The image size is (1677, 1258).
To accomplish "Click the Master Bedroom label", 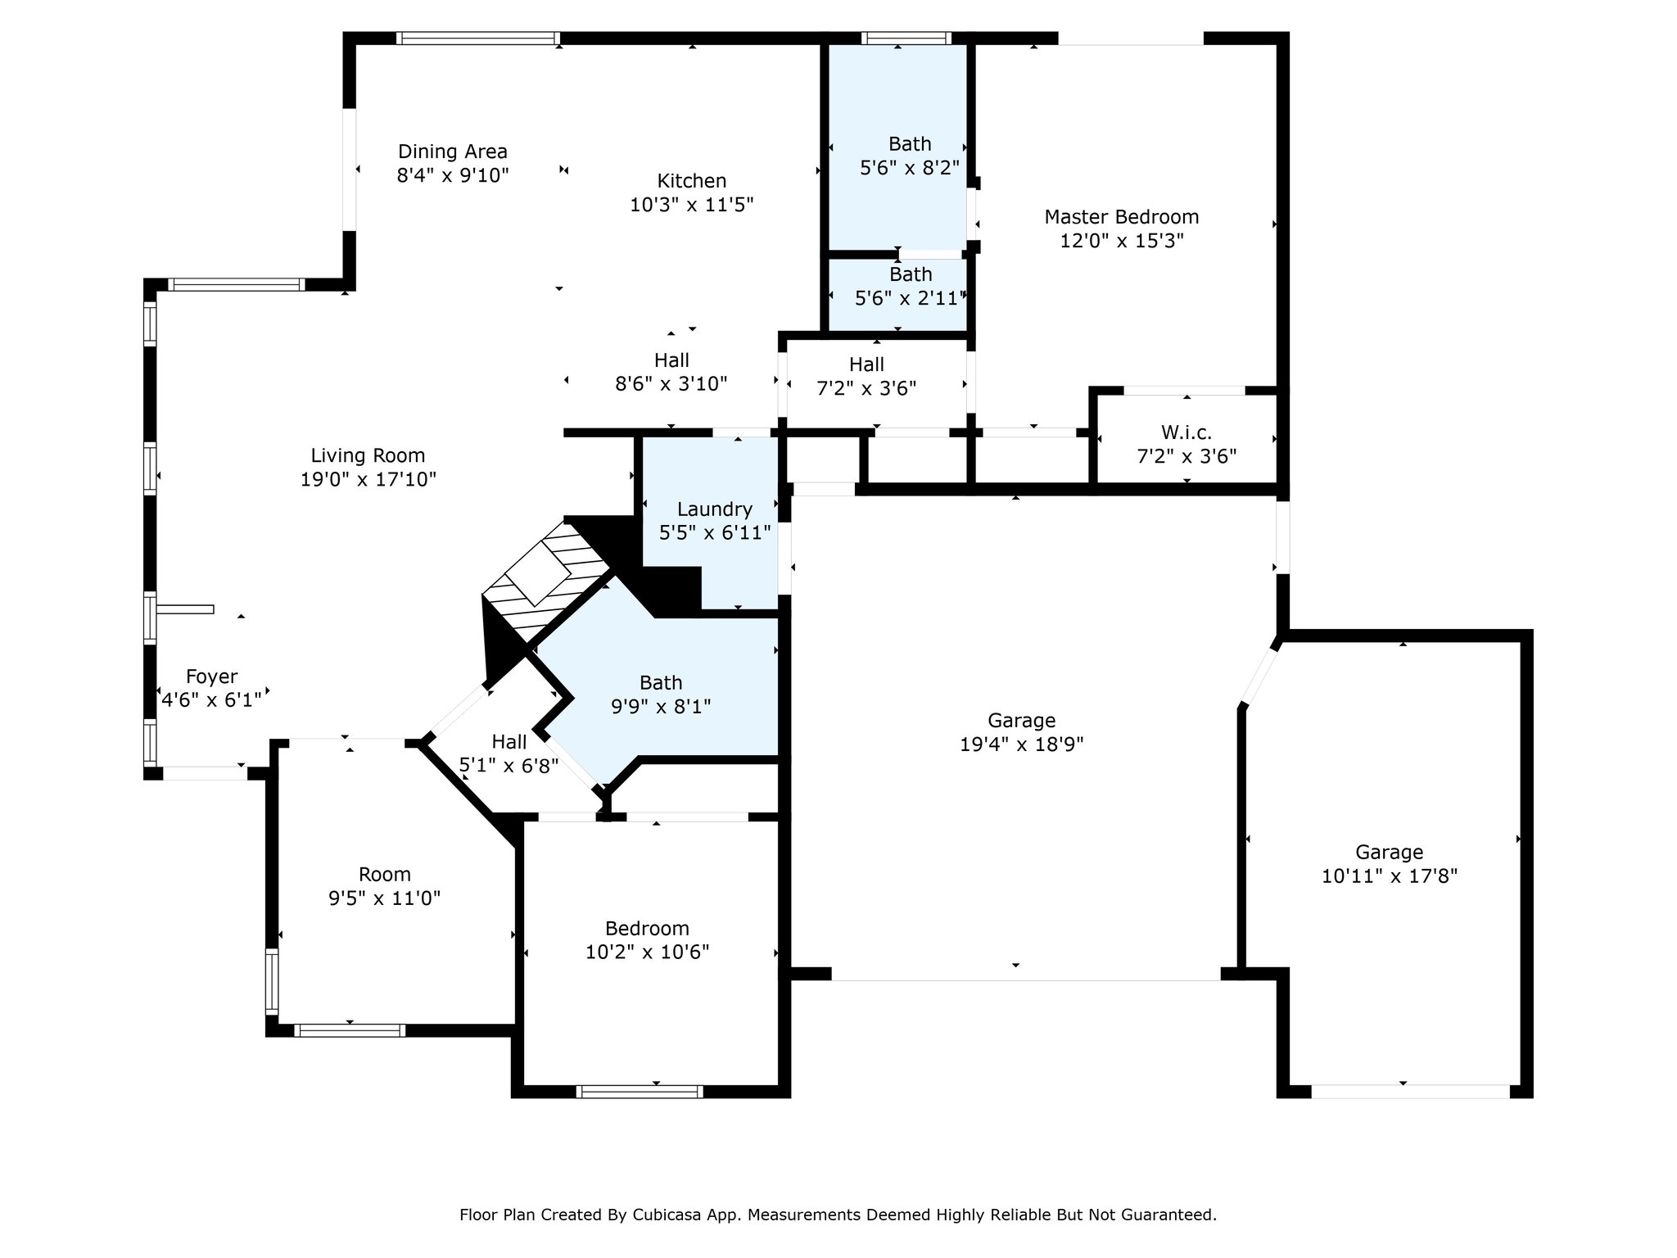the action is (x=1121, y=217).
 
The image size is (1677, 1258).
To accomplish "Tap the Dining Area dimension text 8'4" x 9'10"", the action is (x=453, y=175).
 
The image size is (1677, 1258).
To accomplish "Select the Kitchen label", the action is (x=692, y=181).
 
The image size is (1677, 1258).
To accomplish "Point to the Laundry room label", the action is (x=715, y=510).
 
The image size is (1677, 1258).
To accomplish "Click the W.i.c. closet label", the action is (x=1187, y=432).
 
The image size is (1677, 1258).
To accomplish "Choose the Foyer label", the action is (x=212, y=677).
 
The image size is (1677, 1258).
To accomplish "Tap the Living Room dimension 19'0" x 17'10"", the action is (x=368, y=479).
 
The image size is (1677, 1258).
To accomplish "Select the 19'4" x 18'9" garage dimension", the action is (x=1022, y=744).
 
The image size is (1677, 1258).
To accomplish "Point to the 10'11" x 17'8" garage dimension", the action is (x=1390, y=876).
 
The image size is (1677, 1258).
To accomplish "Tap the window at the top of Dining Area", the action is (x=478, y=38).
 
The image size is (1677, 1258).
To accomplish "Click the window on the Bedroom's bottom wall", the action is (x=640, y=1091).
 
